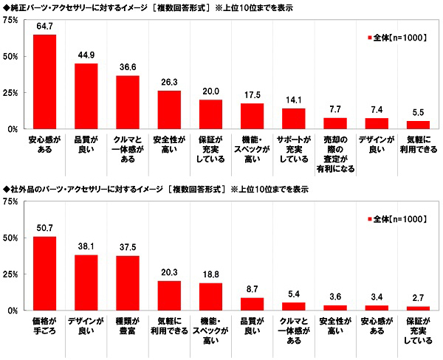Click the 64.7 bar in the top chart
click(x=44, y=82)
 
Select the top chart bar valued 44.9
click(x=86, y=96)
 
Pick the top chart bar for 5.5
click(x=418, y=125)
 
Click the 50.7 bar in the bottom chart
click(x=44, y=274)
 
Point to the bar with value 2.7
click(x=418, y=308)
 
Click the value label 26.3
click(x=169, y=83)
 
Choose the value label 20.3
click(x=169, y=273)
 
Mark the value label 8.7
click(x=252, y=290)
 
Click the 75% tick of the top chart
click(x=13, y=19)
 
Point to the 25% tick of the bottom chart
click(x=13, y=274)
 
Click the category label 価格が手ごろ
click(x=44, y=327)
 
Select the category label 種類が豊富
click(x=127, y=327)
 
